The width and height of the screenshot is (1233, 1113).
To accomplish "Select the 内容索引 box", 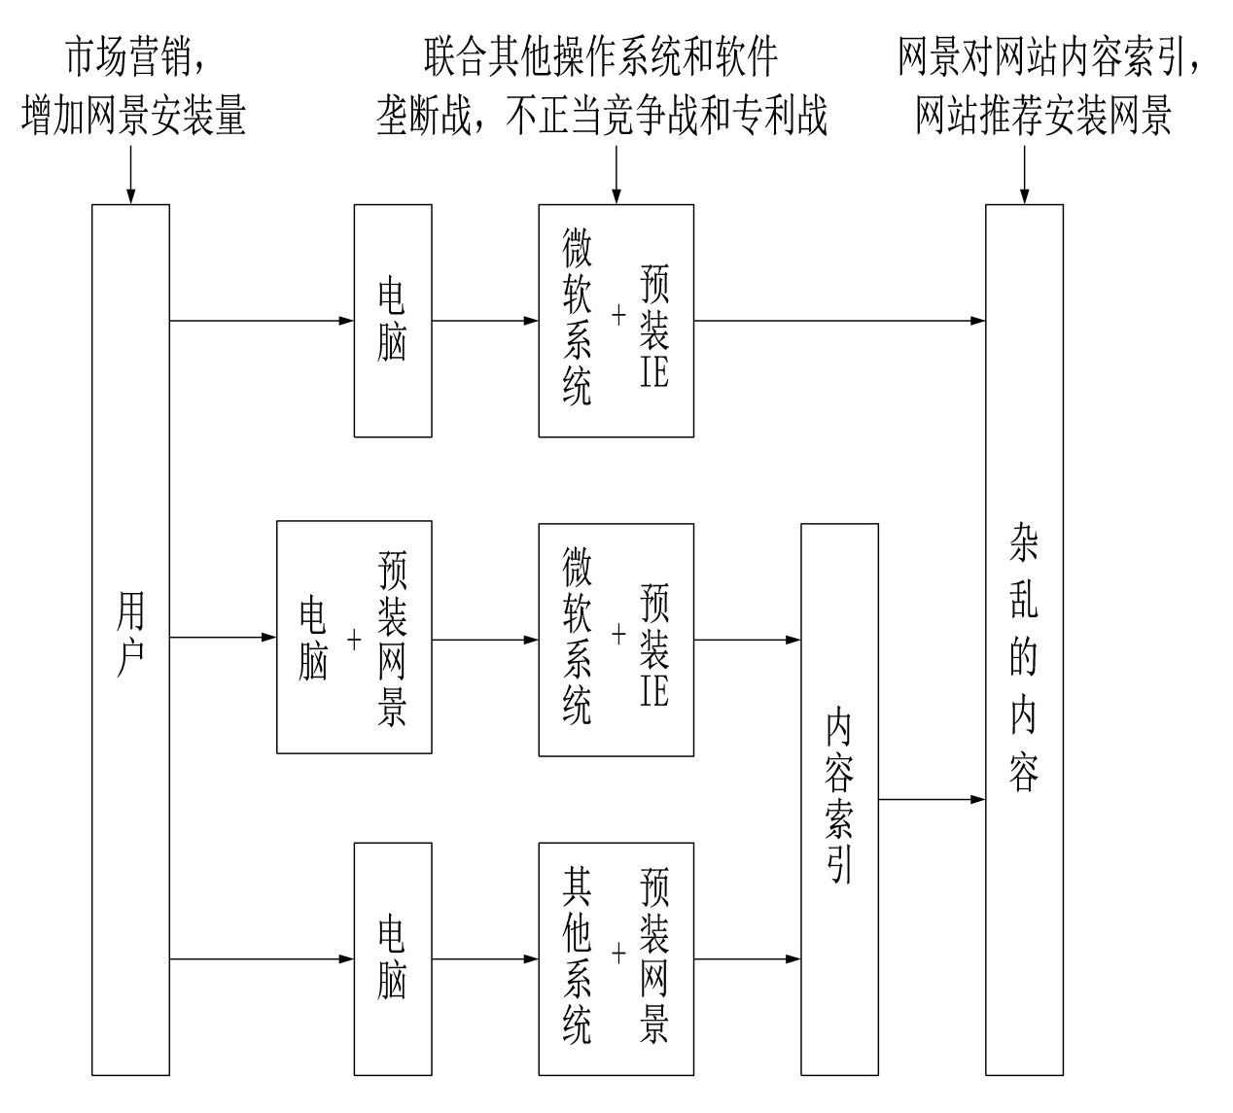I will click(839, 799).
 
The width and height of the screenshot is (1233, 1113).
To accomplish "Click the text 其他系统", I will click(577, 957).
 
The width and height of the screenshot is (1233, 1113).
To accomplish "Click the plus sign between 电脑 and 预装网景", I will click(354, 639).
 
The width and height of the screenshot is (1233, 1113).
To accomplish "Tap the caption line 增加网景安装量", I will click(133, 116).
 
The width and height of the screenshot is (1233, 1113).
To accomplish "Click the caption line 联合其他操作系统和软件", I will click(601, 57).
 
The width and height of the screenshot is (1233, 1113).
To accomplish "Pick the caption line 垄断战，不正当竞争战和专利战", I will click(601, 116).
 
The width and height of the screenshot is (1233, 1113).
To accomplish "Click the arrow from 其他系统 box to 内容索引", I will click(747, 958).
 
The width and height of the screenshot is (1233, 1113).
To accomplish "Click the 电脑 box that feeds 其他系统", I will click(392, 958).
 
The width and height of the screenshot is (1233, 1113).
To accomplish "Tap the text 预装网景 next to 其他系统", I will click(654, 957).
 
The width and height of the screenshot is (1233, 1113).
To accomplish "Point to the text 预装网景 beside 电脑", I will click(392, 639).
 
